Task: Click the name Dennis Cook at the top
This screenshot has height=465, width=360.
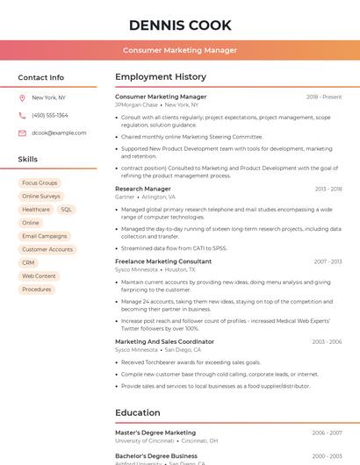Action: pos(180,25)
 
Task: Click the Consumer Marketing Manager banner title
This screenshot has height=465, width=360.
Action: pos(180,50)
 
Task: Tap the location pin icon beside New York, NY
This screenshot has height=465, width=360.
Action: pos(22,97)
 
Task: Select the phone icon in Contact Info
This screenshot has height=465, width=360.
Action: pos(22,115)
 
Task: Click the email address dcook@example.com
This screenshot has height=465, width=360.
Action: pos(59,132)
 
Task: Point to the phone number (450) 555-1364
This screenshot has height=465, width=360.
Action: pos(50,115)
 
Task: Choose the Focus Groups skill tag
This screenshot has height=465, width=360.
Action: pos(40,182)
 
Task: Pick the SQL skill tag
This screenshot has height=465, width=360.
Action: pos(67,210)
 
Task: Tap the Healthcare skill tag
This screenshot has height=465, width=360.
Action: pos(36,210)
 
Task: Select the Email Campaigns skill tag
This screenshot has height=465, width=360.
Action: pos(44,236)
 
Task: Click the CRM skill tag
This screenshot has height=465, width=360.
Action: pos(28,262)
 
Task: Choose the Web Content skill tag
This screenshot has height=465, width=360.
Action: pos(39,275)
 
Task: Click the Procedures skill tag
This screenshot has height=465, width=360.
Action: pos(36,289)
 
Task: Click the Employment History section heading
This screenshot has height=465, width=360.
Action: pos(161,77)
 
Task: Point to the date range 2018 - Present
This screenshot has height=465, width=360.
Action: pos(324,97)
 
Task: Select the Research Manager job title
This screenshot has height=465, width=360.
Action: pos(143,189)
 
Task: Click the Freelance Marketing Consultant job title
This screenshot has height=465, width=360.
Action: pos(163,261)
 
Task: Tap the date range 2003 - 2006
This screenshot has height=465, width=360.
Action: pos(327,341)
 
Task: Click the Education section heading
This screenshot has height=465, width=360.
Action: pos(138,412)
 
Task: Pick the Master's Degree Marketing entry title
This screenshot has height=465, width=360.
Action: pos(155,433)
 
